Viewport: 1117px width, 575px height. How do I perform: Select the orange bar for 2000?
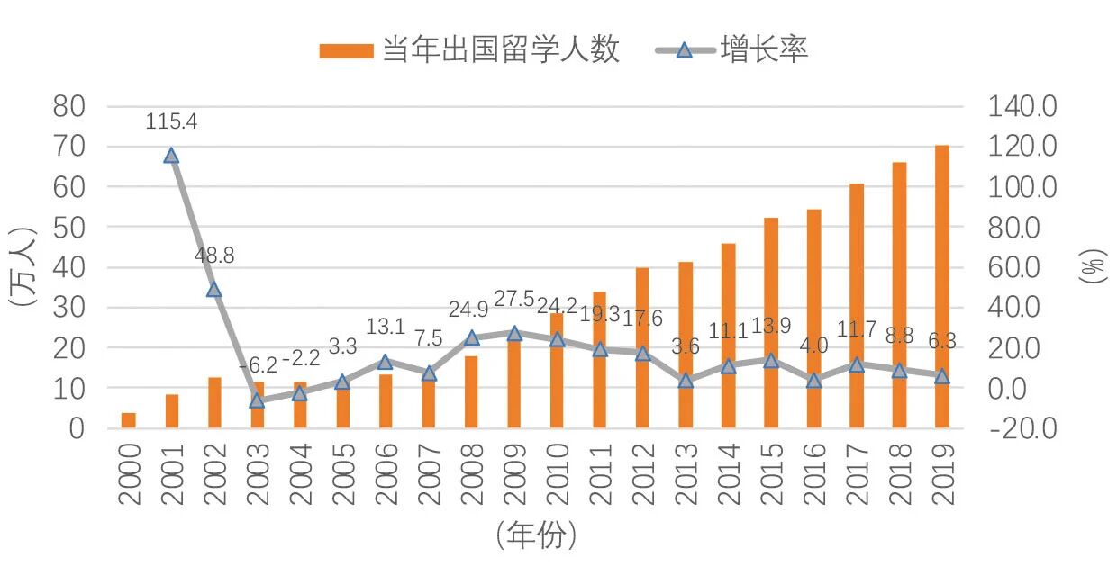pyautogui.click(x=129, y=420)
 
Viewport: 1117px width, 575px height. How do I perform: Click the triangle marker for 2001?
pyautogui.click(x=171, y=156)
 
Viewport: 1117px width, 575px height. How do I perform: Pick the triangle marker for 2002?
pyautogui.click(x=213, y=289)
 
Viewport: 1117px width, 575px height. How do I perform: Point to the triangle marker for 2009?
pyautogui.click(x=514, y=333)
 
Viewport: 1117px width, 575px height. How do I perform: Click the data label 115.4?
pyautogui.click(x=171, y=121)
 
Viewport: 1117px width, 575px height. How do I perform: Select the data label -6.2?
pyautogui.click(x=258, y=365)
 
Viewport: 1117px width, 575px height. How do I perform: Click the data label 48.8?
pyautogui.click(x=214, y=256)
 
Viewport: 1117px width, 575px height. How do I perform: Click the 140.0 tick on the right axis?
pyautogui.click(x=1022, y=106)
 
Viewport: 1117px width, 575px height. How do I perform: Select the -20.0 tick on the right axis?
pyautogui.click(x=1022, y=428)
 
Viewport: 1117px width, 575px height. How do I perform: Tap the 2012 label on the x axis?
pyautogui.click(x=643, y=473)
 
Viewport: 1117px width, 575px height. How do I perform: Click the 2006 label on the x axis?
pyautogui.click(x=386, y=473)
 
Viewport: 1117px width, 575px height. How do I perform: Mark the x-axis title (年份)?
pyautogui.click(x=535, y=537)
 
